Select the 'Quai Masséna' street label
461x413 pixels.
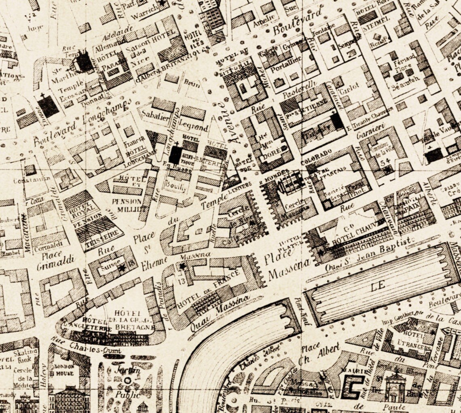[x=220, y=314]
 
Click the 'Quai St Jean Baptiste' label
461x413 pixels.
[x=370, y=254]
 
